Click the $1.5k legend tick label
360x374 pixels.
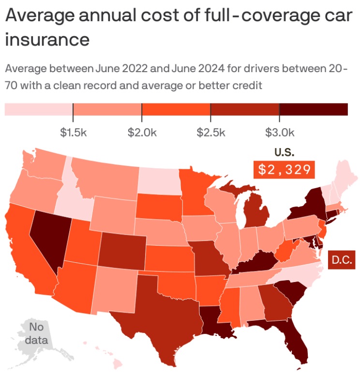pyautogui.click(x=73, y=132)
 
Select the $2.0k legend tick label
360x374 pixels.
pyautogui.click(x=142, y=132)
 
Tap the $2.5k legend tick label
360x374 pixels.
pyautogui.click(x=211, y=132)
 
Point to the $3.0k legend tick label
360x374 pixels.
pyautogui.click(x=280, y=132)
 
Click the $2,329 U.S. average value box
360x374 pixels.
pyautogui.click(x=284, y=170)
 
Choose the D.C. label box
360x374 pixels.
pyautogui.click(x=342, y=260)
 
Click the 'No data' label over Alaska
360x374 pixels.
pyautogui.click(x=36, y=332)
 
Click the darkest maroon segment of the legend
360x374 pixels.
pyautogui.click(x=314, y=109)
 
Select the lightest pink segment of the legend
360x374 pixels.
pyautogui.click(x=39, y=109)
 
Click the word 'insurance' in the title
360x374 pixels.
pyautogui.click(x=47, y=39)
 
